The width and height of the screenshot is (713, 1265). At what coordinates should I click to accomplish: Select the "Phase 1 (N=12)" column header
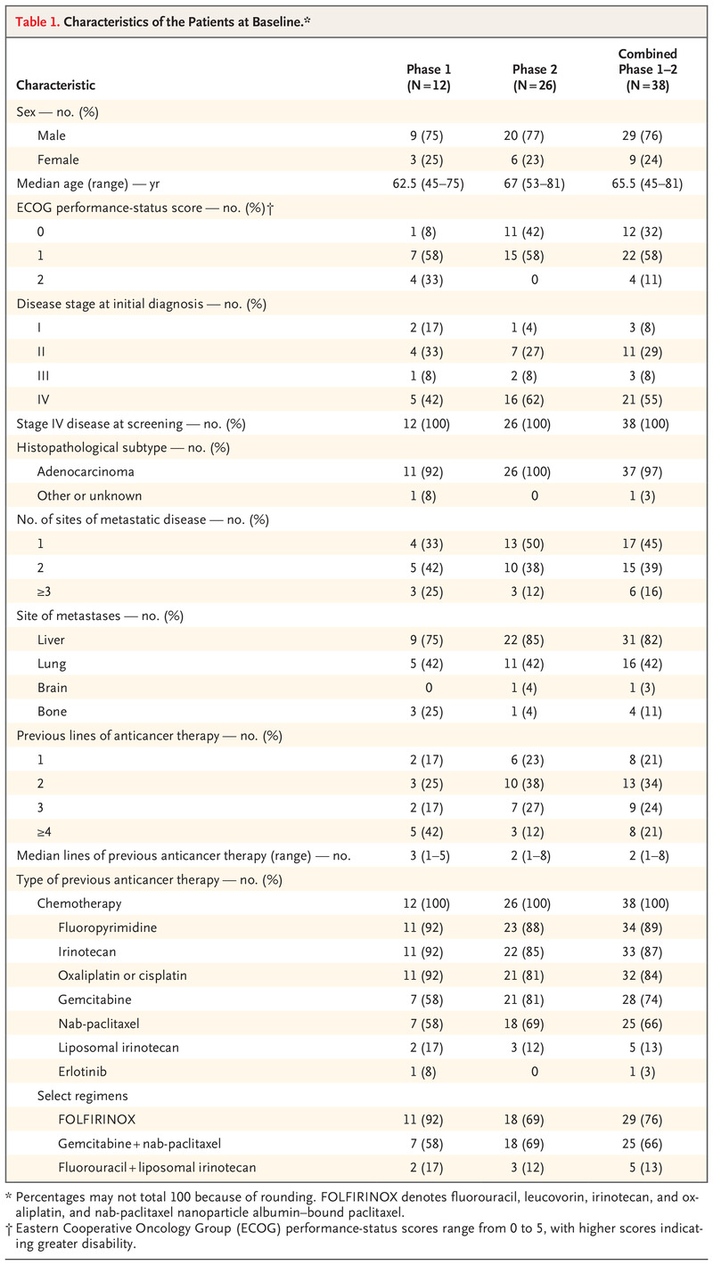tap(424, 78)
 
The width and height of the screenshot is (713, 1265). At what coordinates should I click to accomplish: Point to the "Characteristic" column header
tap(56, 86)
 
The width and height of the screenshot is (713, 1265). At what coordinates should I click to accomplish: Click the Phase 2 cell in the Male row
tap(534, 136)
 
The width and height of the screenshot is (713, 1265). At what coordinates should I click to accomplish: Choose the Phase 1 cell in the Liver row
tap(424, 639)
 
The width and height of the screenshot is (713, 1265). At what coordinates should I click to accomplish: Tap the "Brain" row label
tap(53, 687)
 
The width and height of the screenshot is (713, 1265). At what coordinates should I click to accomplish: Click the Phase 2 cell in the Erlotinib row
tap(534, 1069)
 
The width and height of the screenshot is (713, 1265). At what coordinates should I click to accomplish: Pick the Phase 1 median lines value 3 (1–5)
tap(424, 855)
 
